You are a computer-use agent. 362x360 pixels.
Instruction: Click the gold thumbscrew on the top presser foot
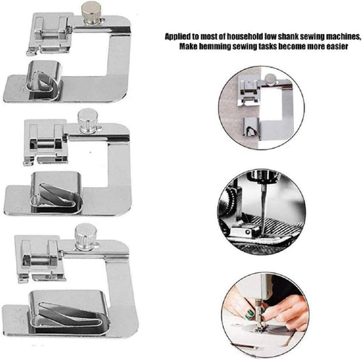click(x=91, y=12)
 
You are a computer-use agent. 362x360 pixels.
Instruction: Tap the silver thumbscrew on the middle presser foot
click(x=88, y=119)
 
